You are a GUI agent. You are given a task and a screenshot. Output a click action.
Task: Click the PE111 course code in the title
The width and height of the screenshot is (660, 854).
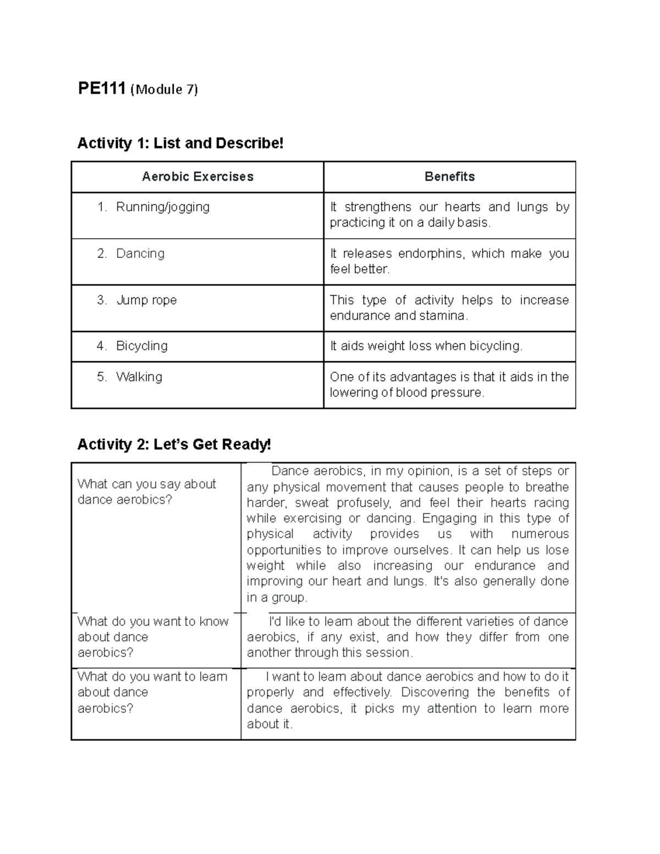point(102,89)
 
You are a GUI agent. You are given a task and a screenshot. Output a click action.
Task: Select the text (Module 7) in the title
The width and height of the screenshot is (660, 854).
point(164,90)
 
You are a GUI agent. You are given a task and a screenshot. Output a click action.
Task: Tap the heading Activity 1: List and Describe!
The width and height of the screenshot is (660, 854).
point(180,144)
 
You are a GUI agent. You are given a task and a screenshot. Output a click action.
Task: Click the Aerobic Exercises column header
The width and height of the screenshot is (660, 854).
point(197,177)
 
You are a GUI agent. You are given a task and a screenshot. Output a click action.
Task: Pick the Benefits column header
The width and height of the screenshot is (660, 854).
point(449,177)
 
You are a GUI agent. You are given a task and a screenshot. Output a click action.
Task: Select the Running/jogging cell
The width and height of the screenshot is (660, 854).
point(162,207)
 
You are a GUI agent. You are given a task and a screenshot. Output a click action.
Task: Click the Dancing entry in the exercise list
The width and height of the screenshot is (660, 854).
point(140,254)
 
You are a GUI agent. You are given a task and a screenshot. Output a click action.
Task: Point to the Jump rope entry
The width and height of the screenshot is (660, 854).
point(146,300)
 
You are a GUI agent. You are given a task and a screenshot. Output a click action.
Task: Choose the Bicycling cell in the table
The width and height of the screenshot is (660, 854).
point(141,346)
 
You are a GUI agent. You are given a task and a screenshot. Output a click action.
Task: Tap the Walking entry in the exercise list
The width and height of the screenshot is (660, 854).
point(139,377)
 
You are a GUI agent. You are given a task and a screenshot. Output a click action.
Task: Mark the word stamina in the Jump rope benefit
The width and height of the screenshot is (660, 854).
point(442,316)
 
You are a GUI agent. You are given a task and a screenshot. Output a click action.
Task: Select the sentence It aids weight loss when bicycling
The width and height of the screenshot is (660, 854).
point(426,346)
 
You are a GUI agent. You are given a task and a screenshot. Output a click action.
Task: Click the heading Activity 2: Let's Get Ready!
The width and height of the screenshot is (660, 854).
point(174,444)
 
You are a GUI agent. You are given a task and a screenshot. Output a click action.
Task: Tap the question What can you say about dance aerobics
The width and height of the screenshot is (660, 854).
point(146,492)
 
